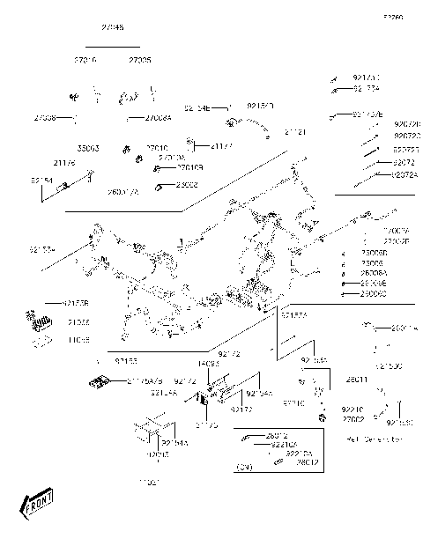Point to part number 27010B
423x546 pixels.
(x=189, y=166)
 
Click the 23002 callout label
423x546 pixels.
(x=187, y=185)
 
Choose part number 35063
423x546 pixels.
(x=88, y=148)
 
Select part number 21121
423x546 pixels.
(x=295, y=131)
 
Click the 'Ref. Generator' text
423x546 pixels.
(x=374, y=438)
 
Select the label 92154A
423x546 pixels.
(x=174, y=444)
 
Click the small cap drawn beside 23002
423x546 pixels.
(x=160, y=187)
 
